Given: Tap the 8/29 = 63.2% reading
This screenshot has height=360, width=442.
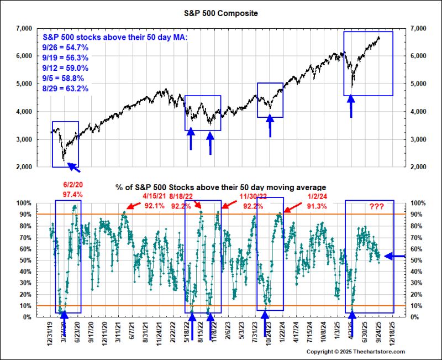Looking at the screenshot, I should pyautogui.click(x=65, y=88).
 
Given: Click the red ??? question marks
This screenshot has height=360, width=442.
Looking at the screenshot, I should pyautogui.click(x=378, y=207).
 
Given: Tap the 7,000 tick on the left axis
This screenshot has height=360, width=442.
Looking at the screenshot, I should pyautogui.click(x=25, y=28).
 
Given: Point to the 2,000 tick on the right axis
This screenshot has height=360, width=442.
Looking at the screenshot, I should pyautogui.click(x=417, y=166).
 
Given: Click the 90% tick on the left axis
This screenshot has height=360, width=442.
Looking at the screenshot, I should pyautogui.click(x=25, y=214).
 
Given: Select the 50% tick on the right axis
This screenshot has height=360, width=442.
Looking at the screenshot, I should pyautogui.click(x=416, y=260).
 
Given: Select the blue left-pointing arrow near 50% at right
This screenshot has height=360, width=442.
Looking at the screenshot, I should pyautogui.click(x=394, y=256).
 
